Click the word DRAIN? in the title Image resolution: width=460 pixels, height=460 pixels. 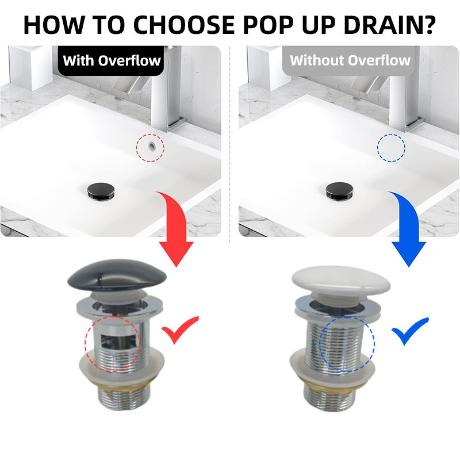click(x=389, y=25)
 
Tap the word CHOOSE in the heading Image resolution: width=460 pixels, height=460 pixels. click(x=184, y=25)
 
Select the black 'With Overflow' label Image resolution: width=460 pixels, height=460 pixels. click(x=111, y=61)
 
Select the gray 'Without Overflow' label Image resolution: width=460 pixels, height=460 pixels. click(x=349, y=61)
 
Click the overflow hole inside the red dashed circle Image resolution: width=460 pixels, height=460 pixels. click(x=152, y=146)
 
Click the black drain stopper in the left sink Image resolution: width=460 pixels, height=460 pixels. click(x=101, y=191)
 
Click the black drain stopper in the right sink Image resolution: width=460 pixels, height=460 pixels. click(x=339, y=191)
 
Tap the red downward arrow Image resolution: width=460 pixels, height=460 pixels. click(x=178, y=232)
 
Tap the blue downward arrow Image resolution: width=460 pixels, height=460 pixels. click(x=411, y=232)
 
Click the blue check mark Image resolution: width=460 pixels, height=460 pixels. click(x=409, y=331)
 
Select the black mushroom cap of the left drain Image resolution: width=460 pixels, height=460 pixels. click(x=117, y=275)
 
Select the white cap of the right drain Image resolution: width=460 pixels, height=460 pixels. click(x=341, y=281)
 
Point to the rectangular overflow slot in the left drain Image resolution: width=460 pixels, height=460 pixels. click(x=119, y=341)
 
